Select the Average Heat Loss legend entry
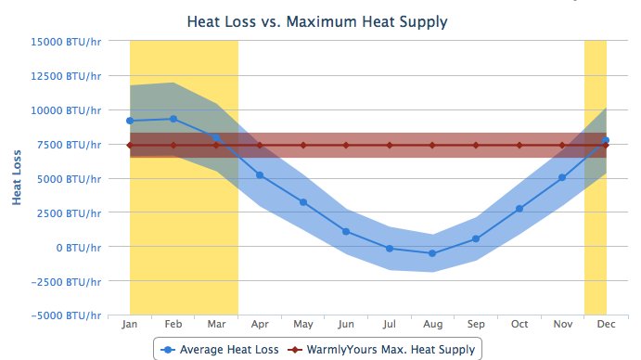[x=221, y=349]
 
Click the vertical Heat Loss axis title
[x=17, y=178]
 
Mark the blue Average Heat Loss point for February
[x=173, y=119]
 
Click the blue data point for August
[x=432, y=253]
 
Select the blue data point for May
[x=303, y=202]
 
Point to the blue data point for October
[x=519, y=209]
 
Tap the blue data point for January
[x=130, y=121]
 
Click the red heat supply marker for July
[x=390, y=145]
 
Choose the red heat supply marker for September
[x=476, y=145]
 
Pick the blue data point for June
[x=346, y=232]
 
